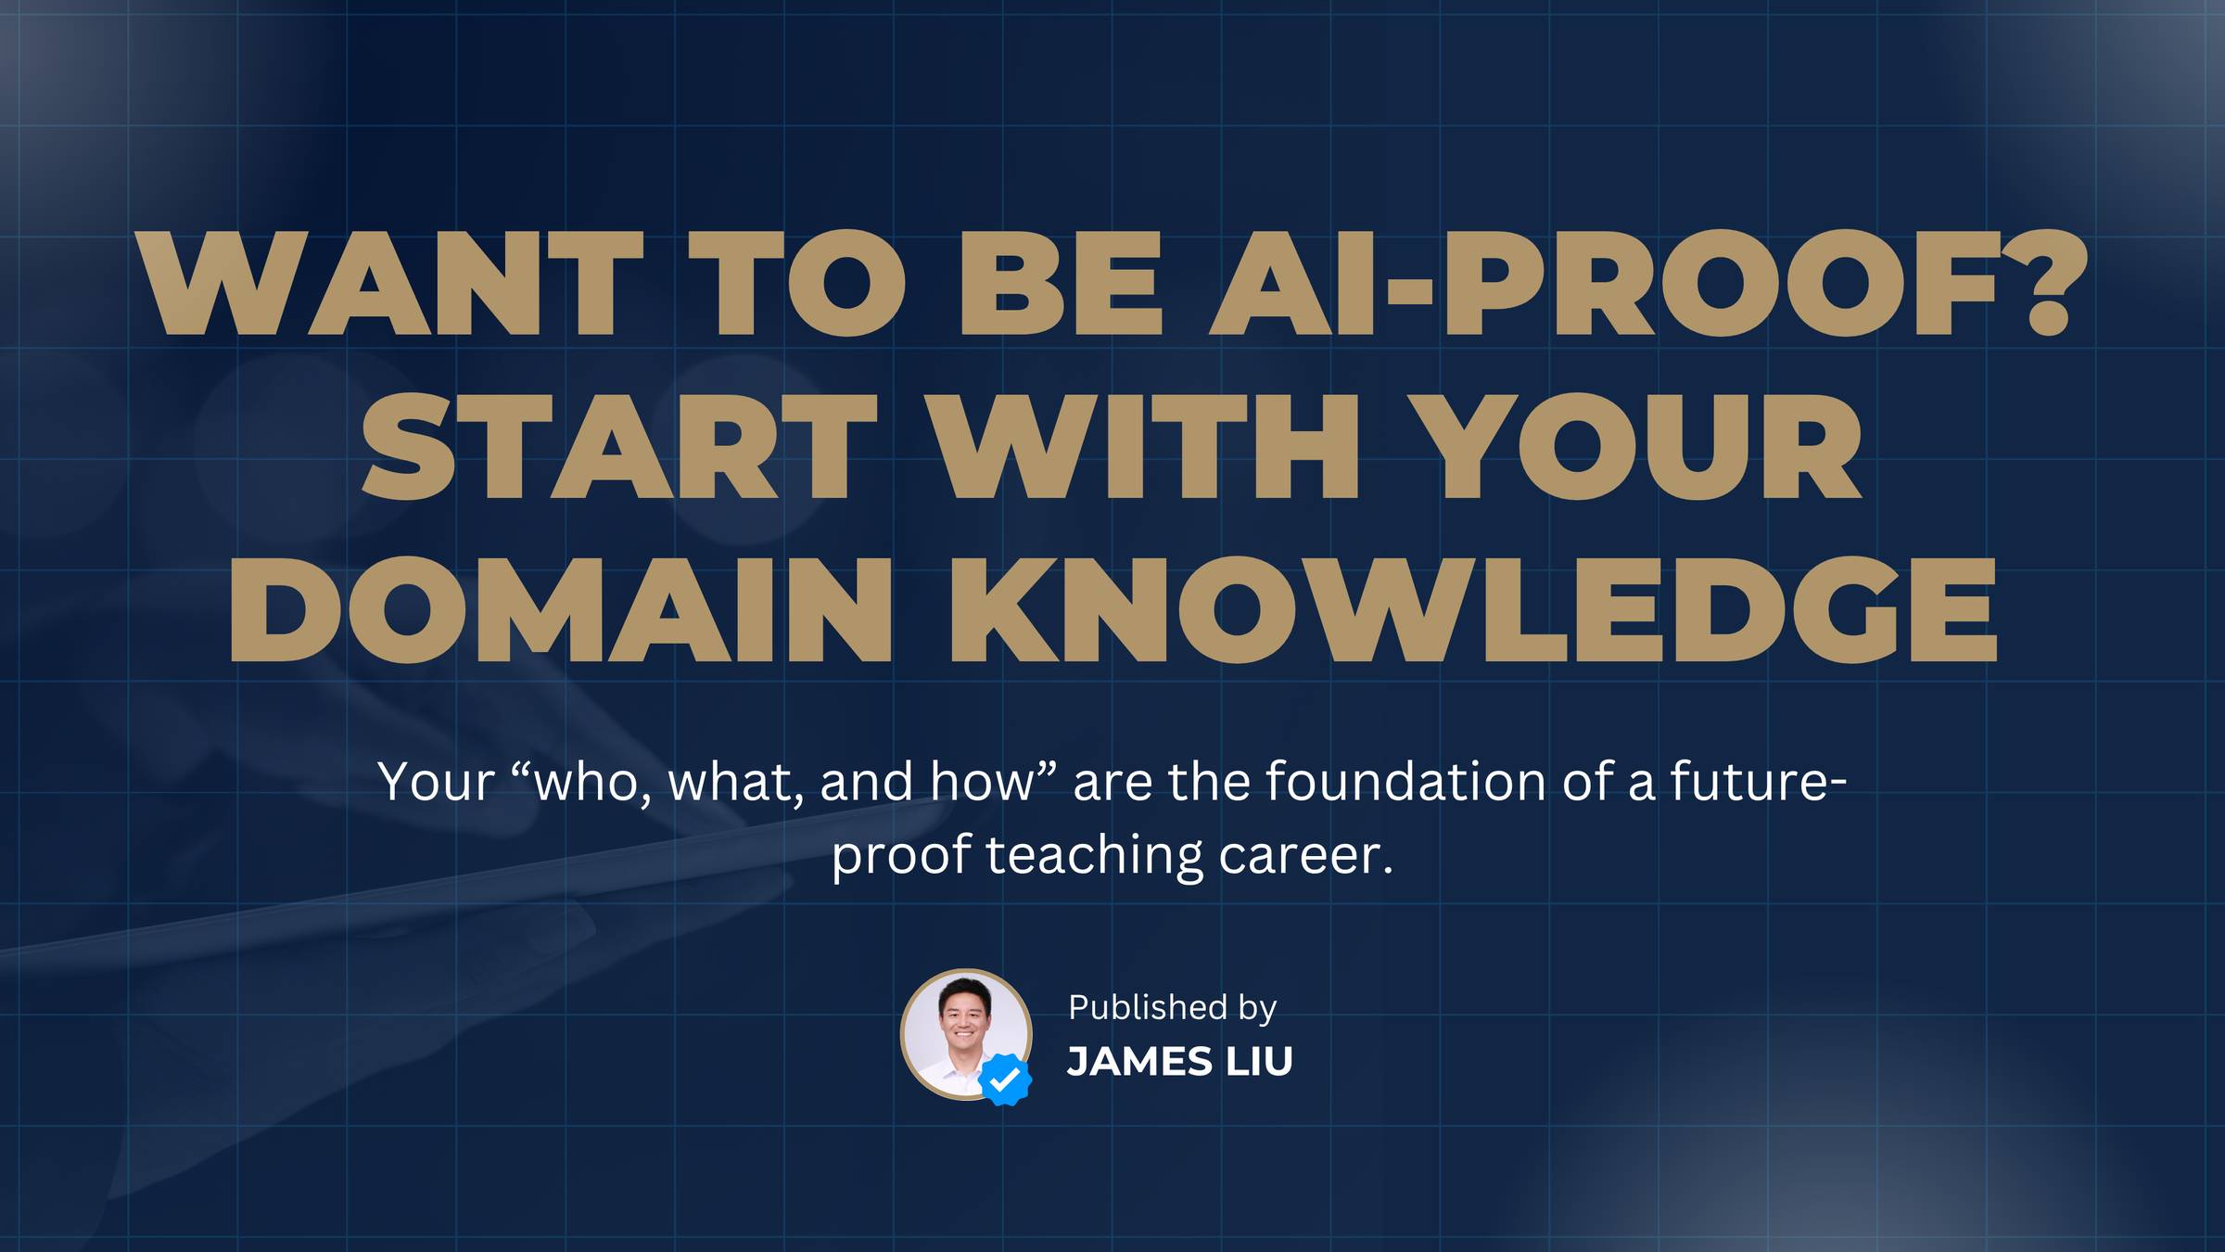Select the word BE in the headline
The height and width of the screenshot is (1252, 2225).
click(1061, 283)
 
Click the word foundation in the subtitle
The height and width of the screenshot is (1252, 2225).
click(1404, 781)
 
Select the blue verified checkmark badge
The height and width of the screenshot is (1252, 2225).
click(1005, 1079)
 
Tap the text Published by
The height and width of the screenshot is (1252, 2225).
click(1173, 1007)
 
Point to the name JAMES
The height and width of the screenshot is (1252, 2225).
click(1140, 1062)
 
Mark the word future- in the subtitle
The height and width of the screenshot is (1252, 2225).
click(1759, 781)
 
